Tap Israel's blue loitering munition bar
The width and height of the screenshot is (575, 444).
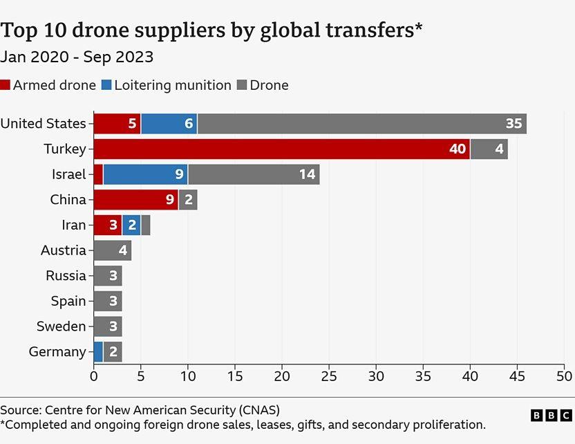145,174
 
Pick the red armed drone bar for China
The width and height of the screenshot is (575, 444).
135,200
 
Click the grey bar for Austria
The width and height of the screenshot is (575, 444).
112,250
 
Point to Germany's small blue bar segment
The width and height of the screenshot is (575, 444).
98,351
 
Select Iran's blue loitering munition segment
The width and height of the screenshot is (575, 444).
131,225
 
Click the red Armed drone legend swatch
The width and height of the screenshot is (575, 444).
6,86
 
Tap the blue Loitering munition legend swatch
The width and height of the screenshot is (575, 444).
106,86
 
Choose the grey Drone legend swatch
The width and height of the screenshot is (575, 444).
241,86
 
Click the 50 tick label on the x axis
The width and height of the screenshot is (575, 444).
565,376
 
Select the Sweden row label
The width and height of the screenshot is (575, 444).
62,326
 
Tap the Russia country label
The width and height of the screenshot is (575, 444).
66,275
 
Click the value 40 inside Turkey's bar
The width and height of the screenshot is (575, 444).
458,149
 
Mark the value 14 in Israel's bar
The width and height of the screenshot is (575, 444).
307,174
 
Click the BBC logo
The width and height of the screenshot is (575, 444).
551,415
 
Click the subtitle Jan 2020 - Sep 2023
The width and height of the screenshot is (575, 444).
77,57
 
